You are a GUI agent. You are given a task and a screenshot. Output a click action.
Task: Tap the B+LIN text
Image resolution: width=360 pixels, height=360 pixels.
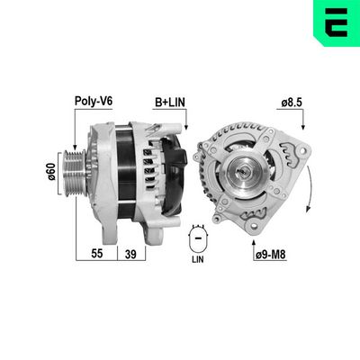tap(170, 103)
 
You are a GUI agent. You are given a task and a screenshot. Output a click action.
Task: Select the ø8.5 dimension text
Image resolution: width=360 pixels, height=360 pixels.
tap(290, 103)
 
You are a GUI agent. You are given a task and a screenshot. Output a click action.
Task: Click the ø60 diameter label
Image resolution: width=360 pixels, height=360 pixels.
tap(52, 170)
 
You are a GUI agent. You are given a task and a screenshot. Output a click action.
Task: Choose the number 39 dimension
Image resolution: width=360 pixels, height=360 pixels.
tap(130, 254)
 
